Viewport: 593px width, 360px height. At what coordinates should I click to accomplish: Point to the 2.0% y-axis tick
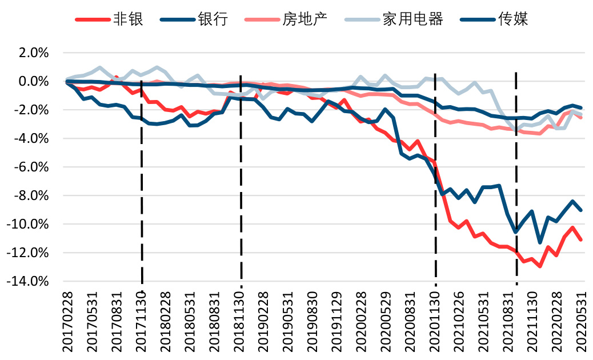[34, 53]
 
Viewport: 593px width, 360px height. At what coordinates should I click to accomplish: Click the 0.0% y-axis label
[34, 82]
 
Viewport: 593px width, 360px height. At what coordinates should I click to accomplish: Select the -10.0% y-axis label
[29, 225]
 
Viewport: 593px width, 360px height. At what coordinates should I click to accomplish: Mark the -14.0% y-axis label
[29, 282]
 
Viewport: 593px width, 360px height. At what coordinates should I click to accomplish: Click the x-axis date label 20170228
[69, 322]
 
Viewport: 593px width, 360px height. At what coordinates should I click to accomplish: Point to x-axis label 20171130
[142, 322]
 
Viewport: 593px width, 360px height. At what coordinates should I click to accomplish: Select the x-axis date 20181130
[240, 322]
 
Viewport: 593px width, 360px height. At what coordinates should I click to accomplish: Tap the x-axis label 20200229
[363, 322]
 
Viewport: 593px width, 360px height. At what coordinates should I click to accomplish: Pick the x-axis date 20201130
[436, 322]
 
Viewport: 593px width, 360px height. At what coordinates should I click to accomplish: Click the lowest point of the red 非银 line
[540, 266]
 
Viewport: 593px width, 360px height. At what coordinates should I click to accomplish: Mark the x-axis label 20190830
[314, 322]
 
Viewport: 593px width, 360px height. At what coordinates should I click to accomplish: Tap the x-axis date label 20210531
[486, 322]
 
